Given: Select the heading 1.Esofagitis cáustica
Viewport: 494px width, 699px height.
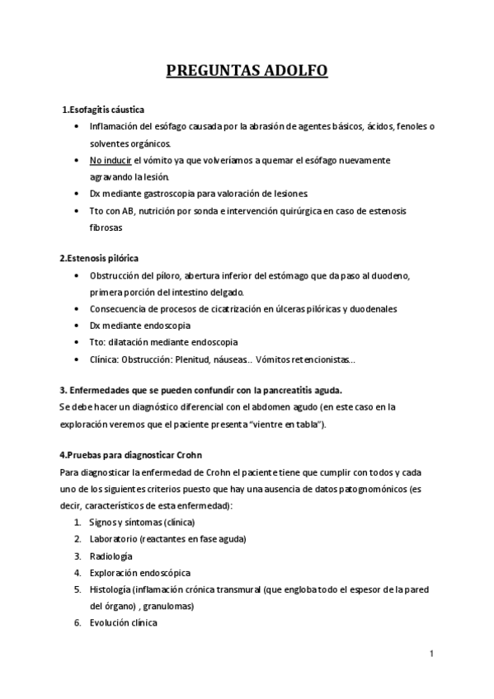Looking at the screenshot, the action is click(104, 110).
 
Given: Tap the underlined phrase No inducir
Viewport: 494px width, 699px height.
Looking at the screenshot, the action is click(111, 160).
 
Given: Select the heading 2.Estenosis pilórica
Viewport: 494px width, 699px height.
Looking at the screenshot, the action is click(99, 259).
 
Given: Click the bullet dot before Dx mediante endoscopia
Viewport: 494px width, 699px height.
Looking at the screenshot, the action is click(77, 326).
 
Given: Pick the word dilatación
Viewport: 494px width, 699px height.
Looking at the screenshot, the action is click(134, 342).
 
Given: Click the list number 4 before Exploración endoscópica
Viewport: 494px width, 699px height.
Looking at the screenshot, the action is click(77, 573).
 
